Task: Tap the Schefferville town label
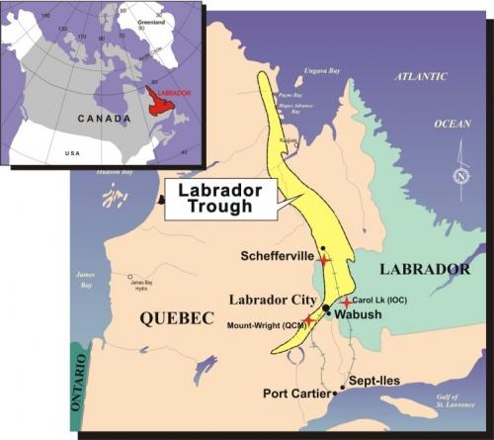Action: pyautogui.click(x=278, y=256)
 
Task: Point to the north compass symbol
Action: pyautogui.click(x=461, y=177)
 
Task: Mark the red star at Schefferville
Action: pyautogui.click(x=324, y=260)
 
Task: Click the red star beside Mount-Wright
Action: pyautogui.click(x=308, y=320)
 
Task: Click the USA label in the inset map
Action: pyautogui.click(x=72, y=154)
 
